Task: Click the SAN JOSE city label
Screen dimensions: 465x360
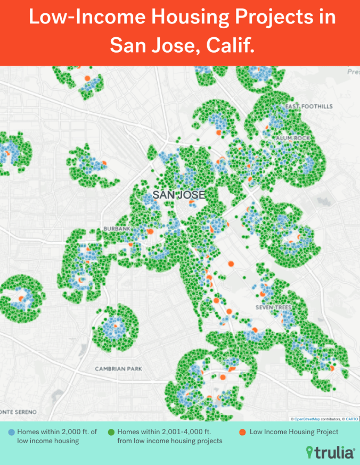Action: [178, 195]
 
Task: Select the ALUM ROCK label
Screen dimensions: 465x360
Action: [289, 138]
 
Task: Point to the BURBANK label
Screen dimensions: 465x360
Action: [117, 229]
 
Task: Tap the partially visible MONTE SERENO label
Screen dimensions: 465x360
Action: [18, 412]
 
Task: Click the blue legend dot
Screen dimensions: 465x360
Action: [12, 433]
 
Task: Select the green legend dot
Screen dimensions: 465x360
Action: [112, 433]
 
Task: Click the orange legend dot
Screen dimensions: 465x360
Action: [243, 433]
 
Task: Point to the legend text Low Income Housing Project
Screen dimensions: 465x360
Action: [294, 432]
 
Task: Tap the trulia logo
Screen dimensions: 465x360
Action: [330, 453]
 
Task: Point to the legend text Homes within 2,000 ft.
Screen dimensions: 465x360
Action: [56, 432]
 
